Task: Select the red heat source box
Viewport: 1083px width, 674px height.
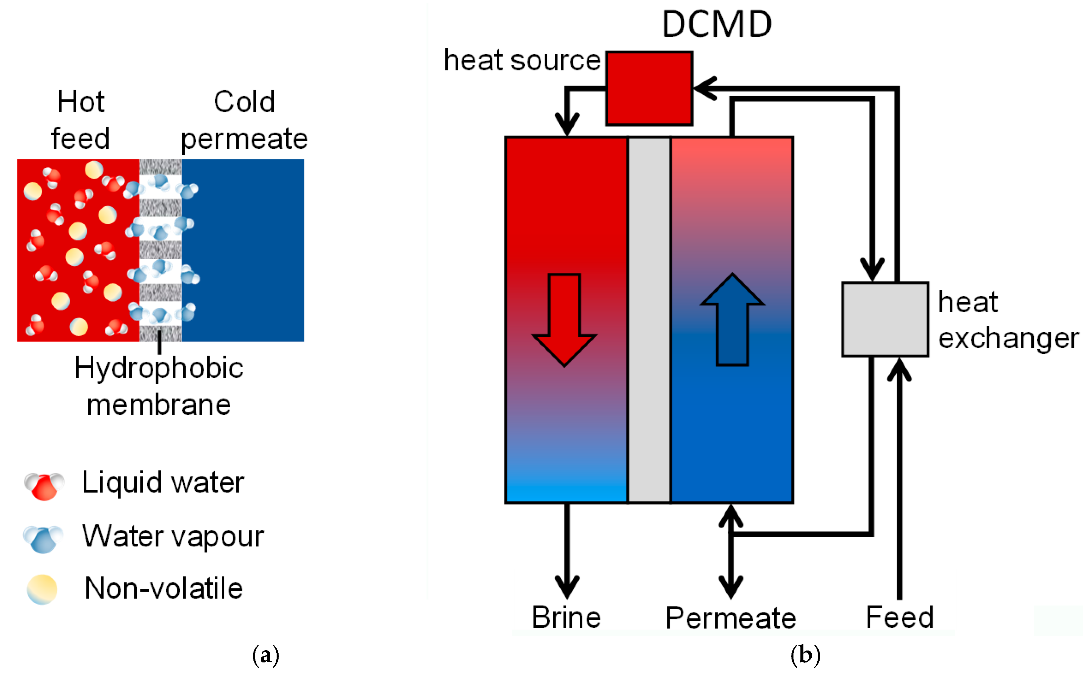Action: [649, 88]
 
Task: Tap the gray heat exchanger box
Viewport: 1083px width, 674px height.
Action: [885, 319]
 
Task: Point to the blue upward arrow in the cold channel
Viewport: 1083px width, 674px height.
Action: [732, 319]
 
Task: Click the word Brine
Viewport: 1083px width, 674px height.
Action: [566, 617]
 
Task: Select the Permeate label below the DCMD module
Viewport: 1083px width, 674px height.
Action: [730, 618]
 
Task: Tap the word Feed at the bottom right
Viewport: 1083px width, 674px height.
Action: [899, 617]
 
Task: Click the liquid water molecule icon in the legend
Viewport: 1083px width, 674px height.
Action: [44, 485]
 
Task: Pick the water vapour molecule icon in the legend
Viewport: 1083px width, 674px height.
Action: [43, 538]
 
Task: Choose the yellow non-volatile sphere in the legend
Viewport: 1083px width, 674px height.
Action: [42, 589]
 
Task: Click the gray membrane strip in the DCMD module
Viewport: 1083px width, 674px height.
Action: [649, 319]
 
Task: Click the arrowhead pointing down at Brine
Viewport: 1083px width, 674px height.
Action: [567, 588]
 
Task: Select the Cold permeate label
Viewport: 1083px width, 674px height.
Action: [244, 120]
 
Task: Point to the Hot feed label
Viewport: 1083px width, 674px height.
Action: [80, 120]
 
